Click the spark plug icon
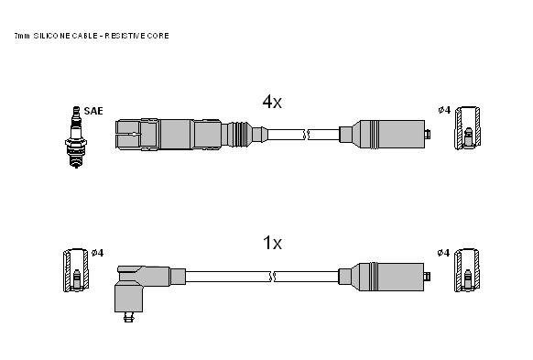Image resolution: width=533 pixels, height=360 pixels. point(76,137)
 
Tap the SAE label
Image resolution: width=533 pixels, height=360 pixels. point(93,111)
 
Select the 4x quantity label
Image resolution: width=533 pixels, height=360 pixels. point(272,102)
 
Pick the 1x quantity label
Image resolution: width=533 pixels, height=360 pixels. point(272,243)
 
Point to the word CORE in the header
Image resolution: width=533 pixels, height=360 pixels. point(158,36)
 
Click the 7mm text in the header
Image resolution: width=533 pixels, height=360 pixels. point(22,36)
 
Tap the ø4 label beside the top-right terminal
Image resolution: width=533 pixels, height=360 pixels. point(444,110)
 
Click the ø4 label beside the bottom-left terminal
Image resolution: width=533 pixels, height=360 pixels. point(98,253)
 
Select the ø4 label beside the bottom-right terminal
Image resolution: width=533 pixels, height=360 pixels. point(443,253)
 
